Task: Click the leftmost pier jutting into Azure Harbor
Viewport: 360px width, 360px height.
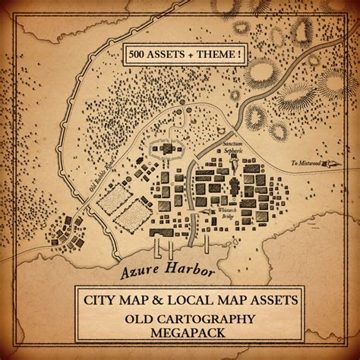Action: click(156, 250)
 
